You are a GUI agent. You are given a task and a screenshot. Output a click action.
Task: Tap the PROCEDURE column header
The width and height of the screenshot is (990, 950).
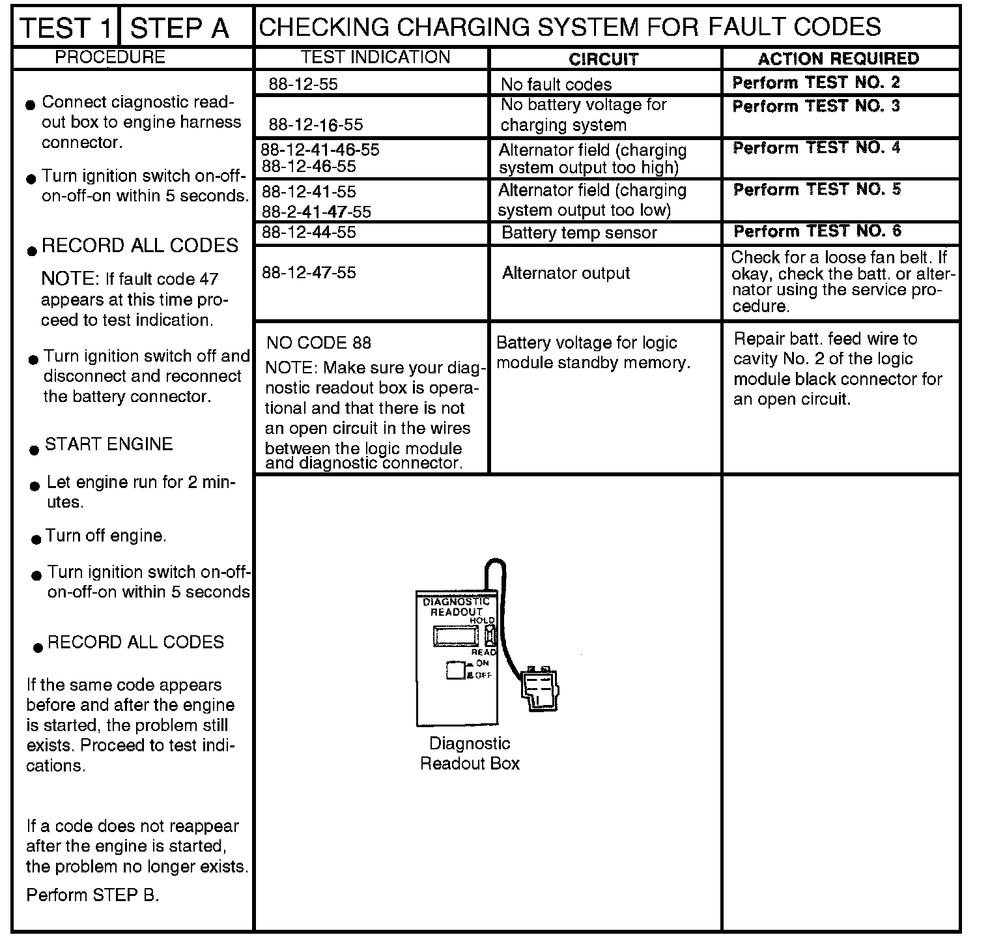[x=110, y=57]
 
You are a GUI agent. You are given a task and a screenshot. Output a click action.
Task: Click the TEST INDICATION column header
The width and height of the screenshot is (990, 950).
[x=376, y=57]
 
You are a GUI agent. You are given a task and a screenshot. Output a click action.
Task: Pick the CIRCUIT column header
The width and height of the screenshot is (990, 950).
[x=603, y=59]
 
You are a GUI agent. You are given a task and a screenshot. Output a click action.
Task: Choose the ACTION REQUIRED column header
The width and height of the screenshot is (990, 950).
[x=838, y=59]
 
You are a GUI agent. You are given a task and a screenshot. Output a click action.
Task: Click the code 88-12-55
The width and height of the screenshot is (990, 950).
[x=304, y=84]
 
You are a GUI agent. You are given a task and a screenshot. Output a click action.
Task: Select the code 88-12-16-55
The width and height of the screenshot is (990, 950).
[x=316, y=124]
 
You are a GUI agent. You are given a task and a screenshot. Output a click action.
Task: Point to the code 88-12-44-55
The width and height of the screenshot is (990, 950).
[x=309, y=232]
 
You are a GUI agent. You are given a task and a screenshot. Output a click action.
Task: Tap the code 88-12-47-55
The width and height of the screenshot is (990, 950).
[x=309, y=272]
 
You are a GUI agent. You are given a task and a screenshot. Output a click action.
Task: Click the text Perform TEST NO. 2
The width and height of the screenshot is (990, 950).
[x=816, y=83]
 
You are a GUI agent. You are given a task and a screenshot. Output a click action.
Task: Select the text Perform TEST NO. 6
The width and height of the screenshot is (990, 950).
[x=817, y=231]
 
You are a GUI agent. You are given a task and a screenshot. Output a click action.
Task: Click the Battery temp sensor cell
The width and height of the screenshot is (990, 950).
[x=579, y=233]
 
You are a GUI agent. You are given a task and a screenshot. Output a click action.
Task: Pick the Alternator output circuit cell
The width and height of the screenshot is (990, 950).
[x=566, y=273]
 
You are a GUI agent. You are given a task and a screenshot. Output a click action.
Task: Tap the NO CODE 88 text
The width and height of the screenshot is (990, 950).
[x=319, y=343]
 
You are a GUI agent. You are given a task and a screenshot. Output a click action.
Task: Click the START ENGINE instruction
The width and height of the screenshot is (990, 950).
[x=109, y=444]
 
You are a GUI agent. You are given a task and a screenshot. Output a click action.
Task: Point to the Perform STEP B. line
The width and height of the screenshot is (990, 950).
[x=92, y=895]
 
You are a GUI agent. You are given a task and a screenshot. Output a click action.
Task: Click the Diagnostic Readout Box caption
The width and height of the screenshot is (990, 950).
[x=470, y=753]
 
